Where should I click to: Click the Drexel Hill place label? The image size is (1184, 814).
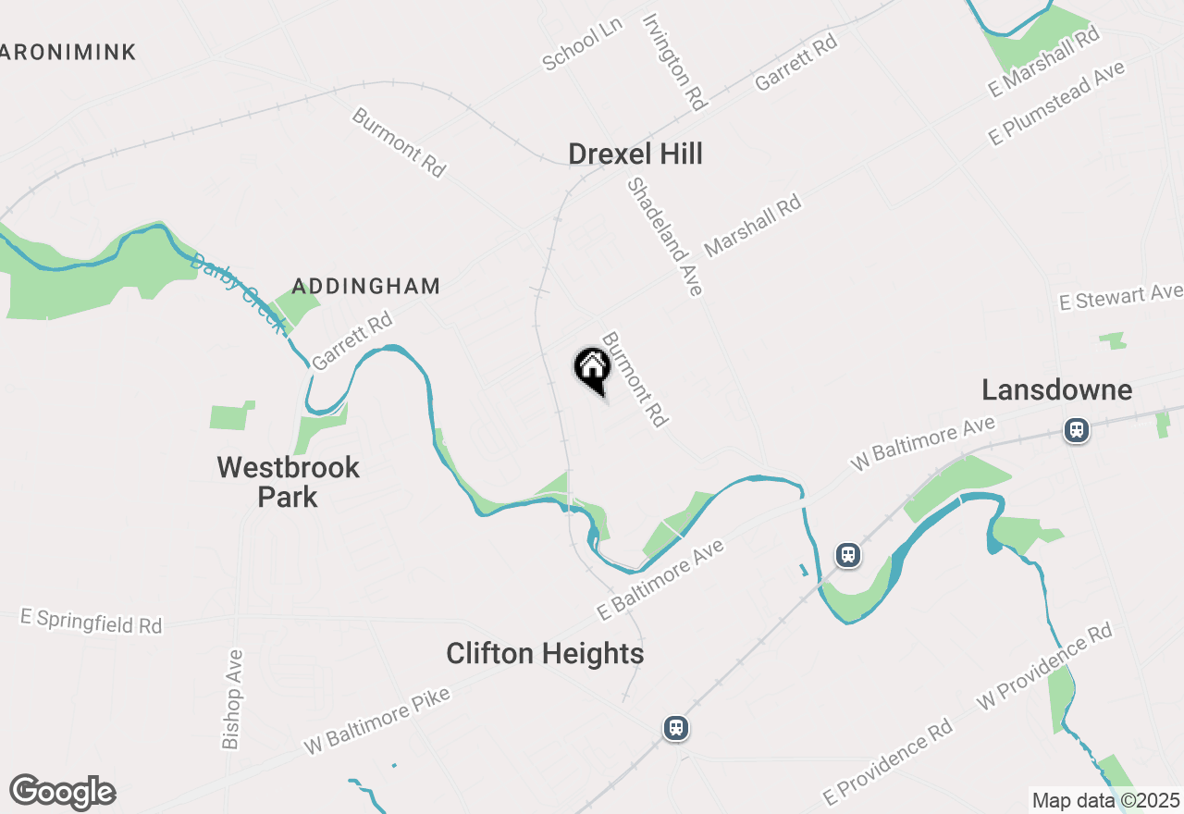pos(635,154)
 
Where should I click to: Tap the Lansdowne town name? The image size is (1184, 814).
pos(1056,389)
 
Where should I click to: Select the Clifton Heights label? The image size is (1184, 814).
pos(545,654)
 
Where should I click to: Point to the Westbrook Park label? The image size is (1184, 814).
pos(288,481)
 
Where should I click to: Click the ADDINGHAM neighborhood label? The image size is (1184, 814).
pos(366,286)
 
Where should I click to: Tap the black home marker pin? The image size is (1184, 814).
pos(593,368)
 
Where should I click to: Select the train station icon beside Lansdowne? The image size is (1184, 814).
pos(1076,430)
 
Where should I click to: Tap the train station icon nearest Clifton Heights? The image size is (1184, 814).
pos(676,727)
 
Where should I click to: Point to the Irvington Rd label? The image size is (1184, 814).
pos(675,61)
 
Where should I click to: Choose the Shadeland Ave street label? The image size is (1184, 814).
pos(665,237)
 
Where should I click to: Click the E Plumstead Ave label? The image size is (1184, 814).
pos(1056,103)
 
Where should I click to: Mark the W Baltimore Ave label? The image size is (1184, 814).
pos(922,443)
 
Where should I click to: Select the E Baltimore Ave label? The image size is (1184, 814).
pos(660,580)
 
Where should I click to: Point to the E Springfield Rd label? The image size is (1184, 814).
pos(91,621)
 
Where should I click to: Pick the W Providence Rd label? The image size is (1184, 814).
pos(1044,667)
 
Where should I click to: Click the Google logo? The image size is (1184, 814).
pos(63,792)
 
